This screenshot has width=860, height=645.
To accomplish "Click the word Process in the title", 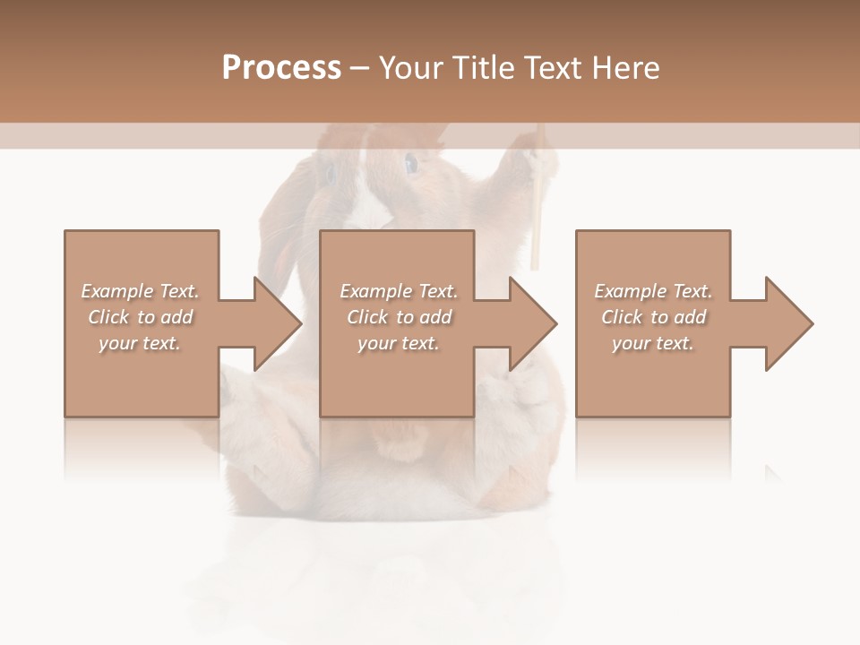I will point(281,68).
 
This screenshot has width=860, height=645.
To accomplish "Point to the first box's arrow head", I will point(277,323).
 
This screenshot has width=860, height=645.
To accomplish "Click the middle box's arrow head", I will point(533,323).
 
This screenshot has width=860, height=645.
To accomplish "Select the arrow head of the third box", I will point(789,323).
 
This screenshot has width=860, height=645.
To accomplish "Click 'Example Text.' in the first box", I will point(141,291).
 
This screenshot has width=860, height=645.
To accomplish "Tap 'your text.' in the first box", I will point(141,343).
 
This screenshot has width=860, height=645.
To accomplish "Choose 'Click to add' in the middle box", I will point(398,317).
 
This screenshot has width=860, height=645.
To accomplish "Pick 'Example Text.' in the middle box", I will point(398,291).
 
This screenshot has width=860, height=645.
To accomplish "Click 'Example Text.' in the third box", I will point(653,291).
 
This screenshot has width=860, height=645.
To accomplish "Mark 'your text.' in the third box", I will point(653,343).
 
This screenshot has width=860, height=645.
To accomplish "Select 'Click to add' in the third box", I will point(653,317).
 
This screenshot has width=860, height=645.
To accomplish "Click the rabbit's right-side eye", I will point(410,163).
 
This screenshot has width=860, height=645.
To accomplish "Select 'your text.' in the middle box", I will point(398,343).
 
